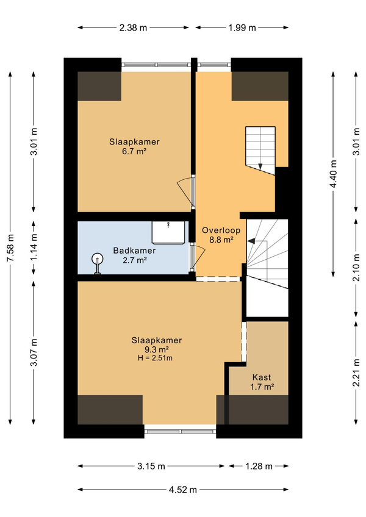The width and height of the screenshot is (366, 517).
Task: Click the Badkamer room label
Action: pyautogui.click(x=134, y=250)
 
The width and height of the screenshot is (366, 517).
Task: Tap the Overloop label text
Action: pyautogui.click(x=221, y=230)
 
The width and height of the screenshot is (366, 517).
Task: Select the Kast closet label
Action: pyautogui.click(x=262, y=377)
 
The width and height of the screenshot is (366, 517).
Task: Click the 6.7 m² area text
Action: pyautogui.click(x=134, y=151)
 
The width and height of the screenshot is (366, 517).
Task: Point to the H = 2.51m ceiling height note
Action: pyautogui.click(x=155, y=358)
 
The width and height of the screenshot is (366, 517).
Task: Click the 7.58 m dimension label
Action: pyautogui.click(x=10, y=248)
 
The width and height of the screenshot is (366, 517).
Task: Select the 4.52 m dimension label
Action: pyautogui.click(x=183, y=490)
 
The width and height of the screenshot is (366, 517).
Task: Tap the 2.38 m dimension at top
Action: pyautogui.click(x=133, y=27)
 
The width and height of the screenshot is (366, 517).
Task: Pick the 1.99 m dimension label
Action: pyautogui.click(x=242, y=27)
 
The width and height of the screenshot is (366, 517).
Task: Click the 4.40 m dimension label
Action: pyautogui.click(x=333, y=174)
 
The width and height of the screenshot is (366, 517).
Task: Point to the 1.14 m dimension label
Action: pyautogui.click(x=34, y=247)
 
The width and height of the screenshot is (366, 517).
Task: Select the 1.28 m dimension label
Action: pyautogui.click(x=259, y=466)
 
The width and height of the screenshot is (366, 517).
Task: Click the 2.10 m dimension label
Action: pyautogui.click(x=356, y=268)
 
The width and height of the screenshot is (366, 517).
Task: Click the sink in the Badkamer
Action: pyautogui.click(x=168, y=232)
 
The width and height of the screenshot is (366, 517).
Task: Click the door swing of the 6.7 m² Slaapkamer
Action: pyautogui.click(x=185, y=192)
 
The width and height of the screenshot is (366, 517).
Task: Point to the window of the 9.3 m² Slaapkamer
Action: pyautogui.click(x=180, y=431)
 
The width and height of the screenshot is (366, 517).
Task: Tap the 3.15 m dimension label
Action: pyautogui.click(x=151, y=466)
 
